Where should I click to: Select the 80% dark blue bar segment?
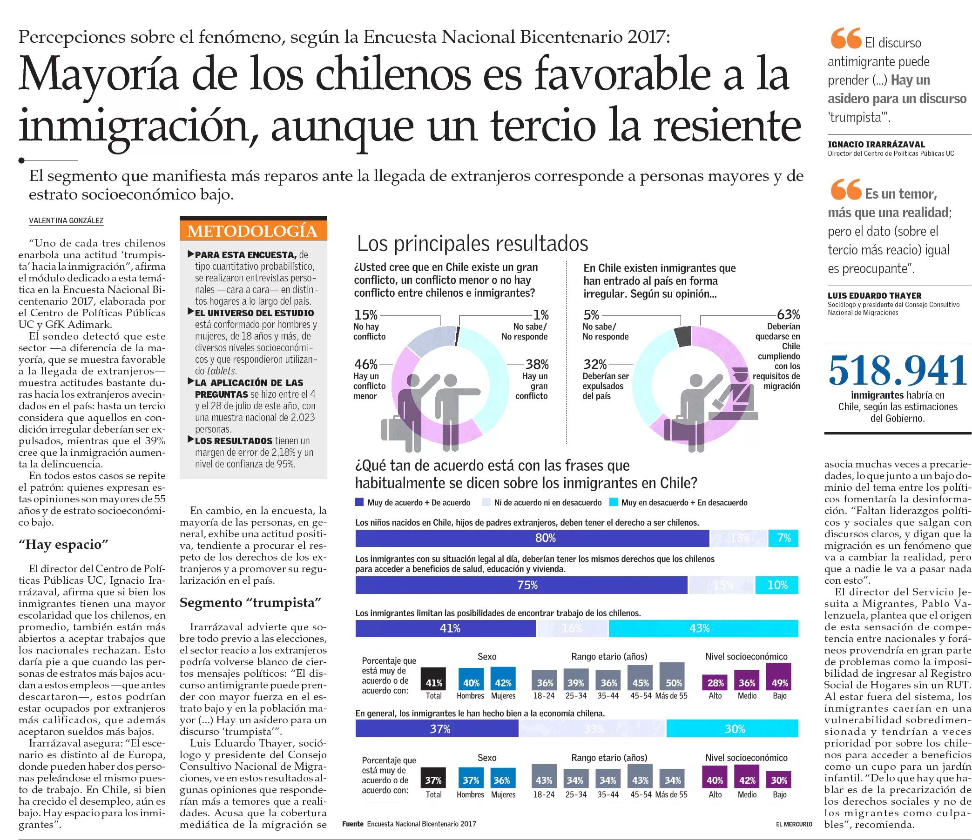coord(532,538)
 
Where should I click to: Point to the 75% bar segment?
coord(521,585)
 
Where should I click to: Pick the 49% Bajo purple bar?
coord(779,677)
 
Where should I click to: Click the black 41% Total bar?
coord(433,679)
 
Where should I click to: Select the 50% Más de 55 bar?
coord(672,676)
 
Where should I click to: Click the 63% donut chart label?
coord(788,314)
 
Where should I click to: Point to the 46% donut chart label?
coord(365,364)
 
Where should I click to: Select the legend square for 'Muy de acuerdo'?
coord(359,502)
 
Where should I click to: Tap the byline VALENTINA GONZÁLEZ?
coord(66,221)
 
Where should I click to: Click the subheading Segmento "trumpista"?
coord(250,603)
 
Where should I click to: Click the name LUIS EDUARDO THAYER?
coord(874,296)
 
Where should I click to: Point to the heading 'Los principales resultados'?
coord(472,244)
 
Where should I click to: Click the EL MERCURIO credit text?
coord(794,824)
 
